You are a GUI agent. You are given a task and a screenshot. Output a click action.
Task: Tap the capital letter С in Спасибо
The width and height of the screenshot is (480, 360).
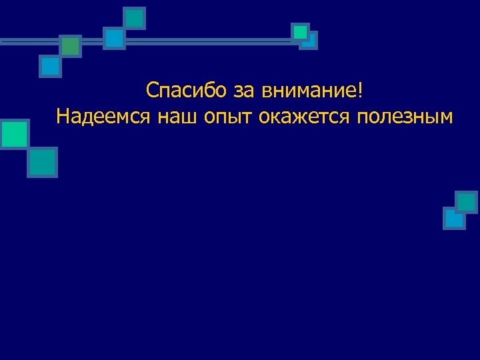coord(153,89)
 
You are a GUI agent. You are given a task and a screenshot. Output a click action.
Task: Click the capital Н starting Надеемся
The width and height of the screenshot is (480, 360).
coord(63,117)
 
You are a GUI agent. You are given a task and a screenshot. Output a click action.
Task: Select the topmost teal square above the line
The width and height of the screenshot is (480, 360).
coord(135,18)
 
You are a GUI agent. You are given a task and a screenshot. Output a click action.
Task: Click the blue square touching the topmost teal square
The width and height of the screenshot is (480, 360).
coord(115,39)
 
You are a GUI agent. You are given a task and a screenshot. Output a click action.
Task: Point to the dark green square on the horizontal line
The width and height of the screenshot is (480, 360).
coord(70,46)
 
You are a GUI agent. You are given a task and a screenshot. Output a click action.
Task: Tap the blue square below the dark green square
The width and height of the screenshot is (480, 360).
coord(50,67)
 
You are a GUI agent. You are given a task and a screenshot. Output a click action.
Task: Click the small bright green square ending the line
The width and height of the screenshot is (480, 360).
coord(300,32)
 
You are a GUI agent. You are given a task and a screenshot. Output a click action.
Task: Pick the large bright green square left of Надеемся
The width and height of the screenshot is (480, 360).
coord(14,135)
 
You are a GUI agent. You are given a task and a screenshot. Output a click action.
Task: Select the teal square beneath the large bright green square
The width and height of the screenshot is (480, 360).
coord(43,162)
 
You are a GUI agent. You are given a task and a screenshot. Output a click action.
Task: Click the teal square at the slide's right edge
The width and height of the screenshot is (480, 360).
coord(467,202)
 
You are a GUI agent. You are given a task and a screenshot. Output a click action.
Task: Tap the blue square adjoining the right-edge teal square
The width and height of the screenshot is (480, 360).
coord(454,218)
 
